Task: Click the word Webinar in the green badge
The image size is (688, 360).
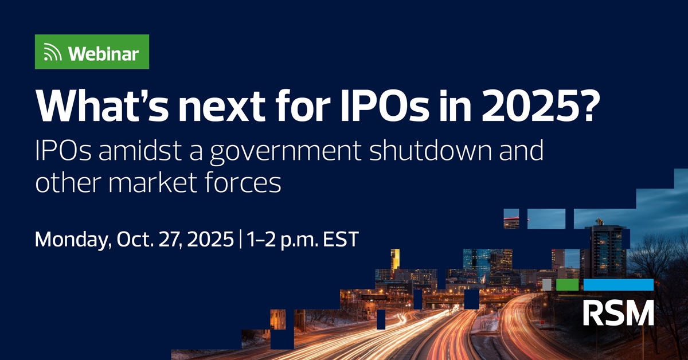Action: [104, 54]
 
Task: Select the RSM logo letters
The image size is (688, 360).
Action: [618, 312]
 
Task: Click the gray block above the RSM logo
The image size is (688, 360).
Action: [547, 284]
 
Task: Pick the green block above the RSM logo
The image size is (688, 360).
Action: [568, 284]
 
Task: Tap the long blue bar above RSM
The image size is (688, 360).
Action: [618, 284]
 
